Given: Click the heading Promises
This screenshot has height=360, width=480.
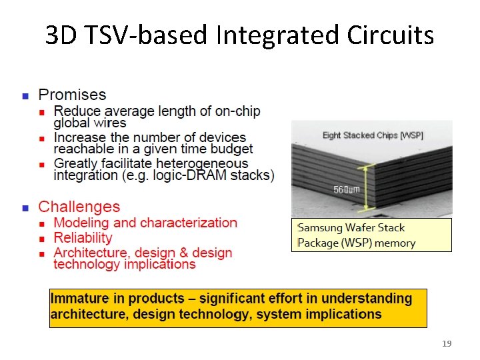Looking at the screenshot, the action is tap(72, 95).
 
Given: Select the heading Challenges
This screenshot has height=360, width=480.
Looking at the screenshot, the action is tap(79, 207).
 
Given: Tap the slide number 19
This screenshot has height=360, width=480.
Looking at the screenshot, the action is tap(447, 344).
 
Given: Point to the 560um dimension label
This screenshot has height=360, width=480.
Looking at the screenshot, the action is tap(347, 190).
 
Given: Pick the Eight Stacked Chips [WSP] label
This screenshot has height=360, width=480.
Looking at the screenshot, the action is tap(373, 135).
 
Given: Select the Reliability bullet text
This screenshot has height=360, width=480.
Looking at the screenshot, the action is tap(83, 238).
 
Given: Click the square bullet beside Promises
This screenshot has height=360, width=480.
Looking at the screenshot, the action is tap(25, 95).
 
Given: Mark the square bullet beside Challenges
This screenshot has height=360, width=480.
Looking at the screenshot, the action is tap(25, 208).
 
